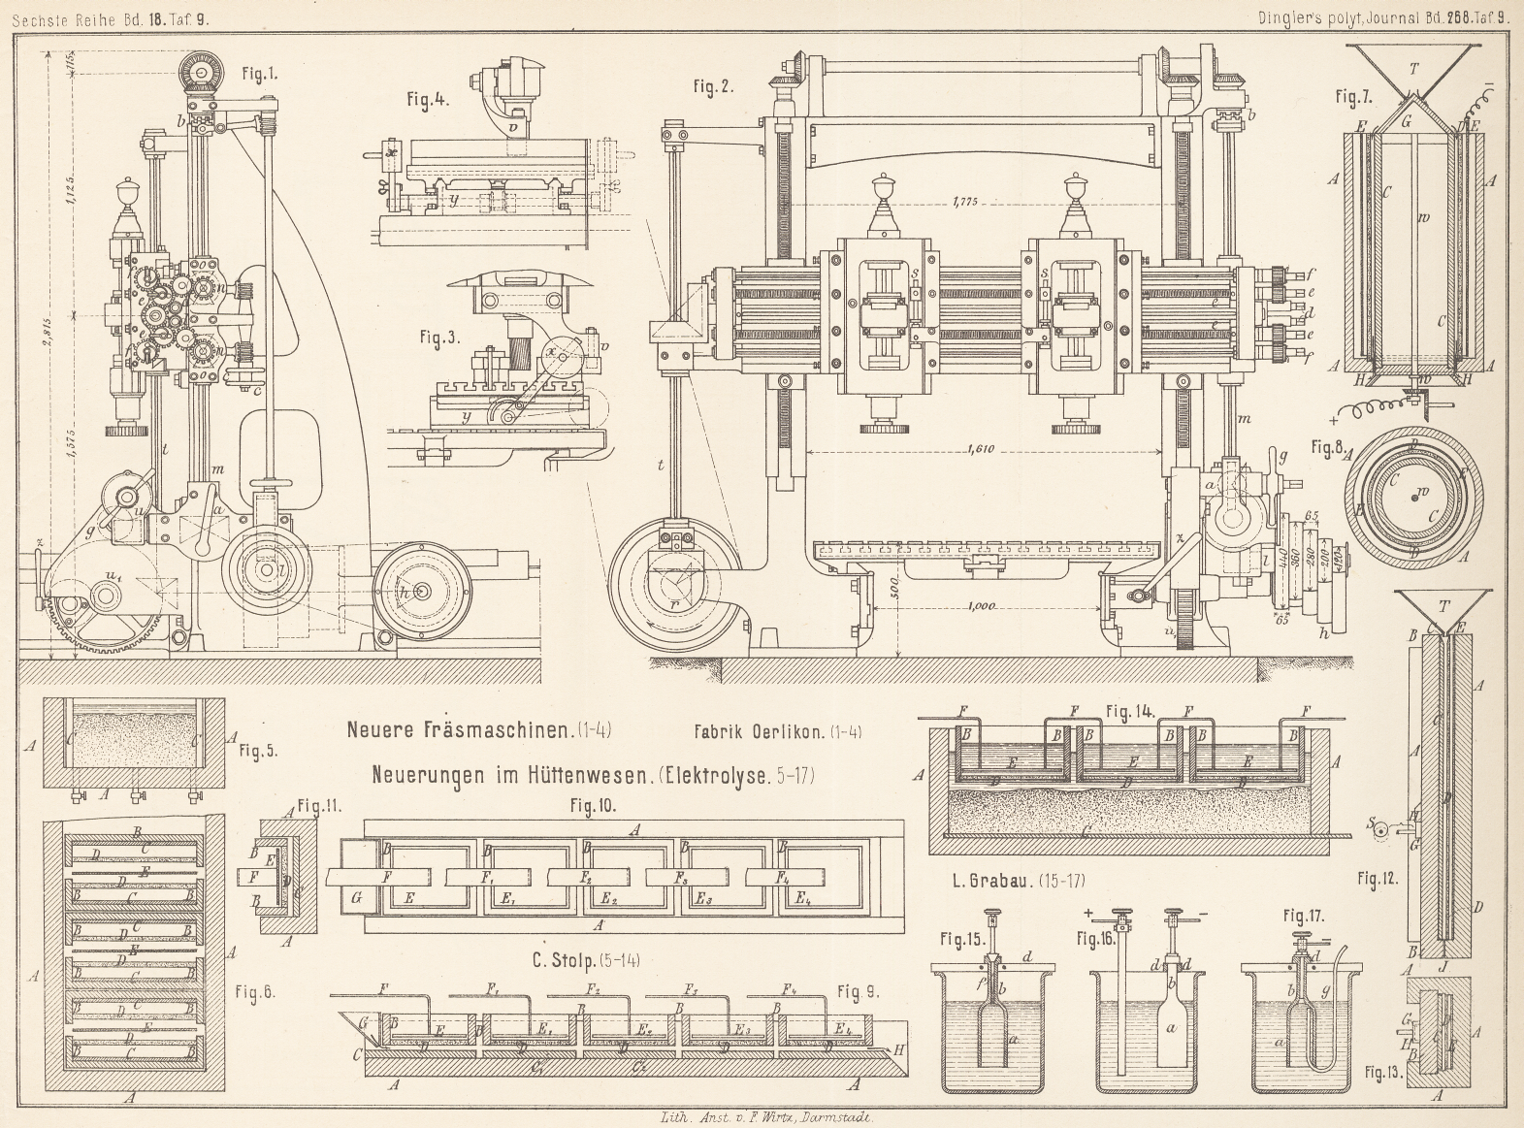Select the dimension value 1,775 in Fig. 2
pyautogui.click(x=965, y=202)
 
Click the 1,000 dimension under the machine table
pyautogui.click(x=983, y=606)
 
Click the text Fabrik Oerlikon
pyautogui.click(x=777, y=733)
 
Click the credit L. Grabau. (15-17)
pyautogui.click(x=1020, y=881)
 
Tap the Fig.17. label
pyautogui.click(x=1305, y=916)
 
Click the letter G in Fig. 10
pyautogui.click(x=356, y=898)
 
